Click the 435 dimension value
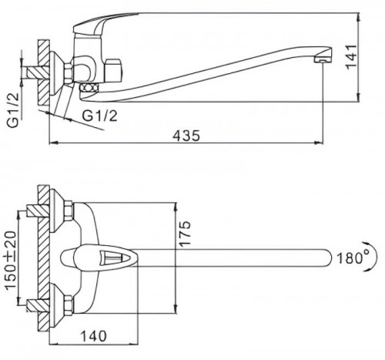point(186,136)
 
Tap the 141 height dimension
point(352,57)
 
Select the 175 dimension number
point(185,234)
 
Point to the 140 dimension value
point(93,336)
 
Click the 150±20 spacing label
point(11,261)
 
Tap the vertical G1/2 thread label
point(13,109)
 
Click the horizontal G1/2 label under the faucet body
point(99,116)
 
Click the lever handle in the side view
point(102,23)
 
